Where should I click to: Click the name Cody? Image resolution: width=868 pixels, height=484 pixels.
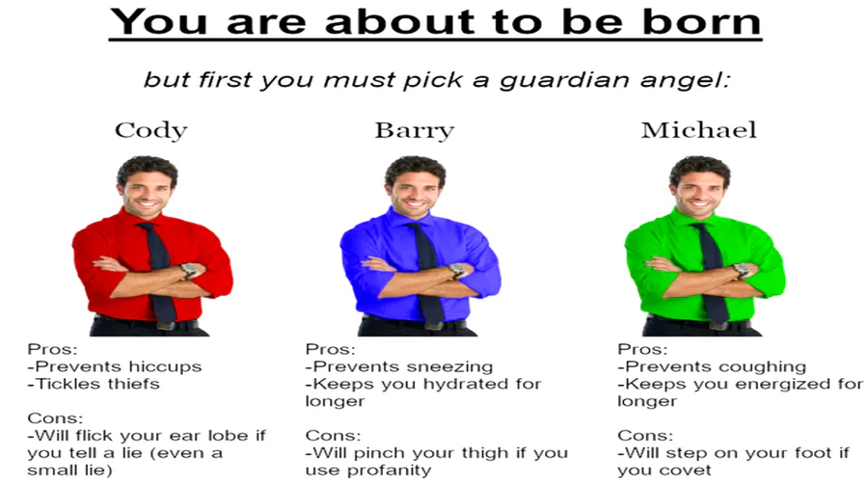click(x=151, y=130)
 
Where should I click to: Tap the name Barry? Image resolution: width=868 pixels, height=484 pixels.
click(x=415, y=130)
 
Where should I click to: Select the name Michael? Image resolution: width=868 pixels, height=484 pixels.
click(x=698, y=130)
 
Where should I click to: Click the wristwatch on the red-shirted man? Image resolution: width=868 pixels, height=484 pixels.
click(x=189, y=270)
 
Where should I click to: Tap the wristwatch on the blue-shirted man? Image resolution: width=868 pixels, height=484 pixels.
click(x=457, y=270)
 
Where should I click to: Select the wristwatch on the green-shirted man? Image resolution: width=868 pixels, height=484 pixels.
click(x=742, y=270)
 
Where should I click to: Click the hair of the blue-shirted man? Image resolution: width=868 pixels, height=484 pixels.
click(x=415, y=168)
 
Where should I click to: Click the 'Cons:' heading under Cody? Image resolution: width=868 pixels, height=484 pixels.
click(x=55, y=418)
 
